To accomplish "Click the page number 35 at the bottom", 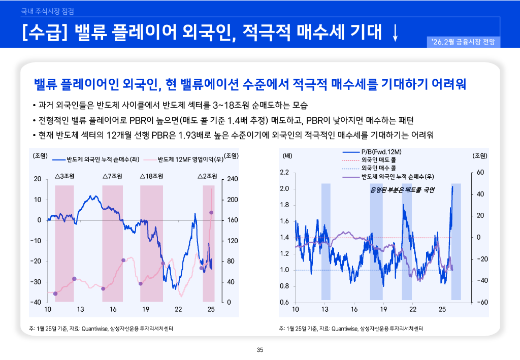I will click(x=260, y=349).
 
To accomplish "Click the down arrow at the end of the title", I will click(x=396, y=32).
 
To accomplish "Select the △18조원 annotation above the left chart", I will click(x=151, y=177).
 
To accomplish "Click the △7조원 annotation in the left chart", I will click(x=112, y=177).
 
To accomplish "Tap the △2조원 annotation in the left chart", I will click(x=207, y=177).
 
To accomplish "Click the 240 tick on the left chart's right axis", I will click(x=233, y=179).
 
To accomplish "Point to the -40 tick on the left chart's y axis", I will click(x=36, y=302).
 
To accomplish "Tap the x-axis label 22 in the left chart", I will click(x=178, y=309).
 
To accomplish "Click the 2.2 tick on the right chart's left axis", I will click(x=284, y=173).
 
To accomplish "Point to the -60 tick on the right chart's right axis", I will click(x=480, y=303).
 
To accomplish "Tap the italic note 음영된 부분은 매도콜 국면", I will click(x=404, y=190).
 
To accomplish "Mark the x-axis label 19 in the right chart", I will click(x=383, y=309).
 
